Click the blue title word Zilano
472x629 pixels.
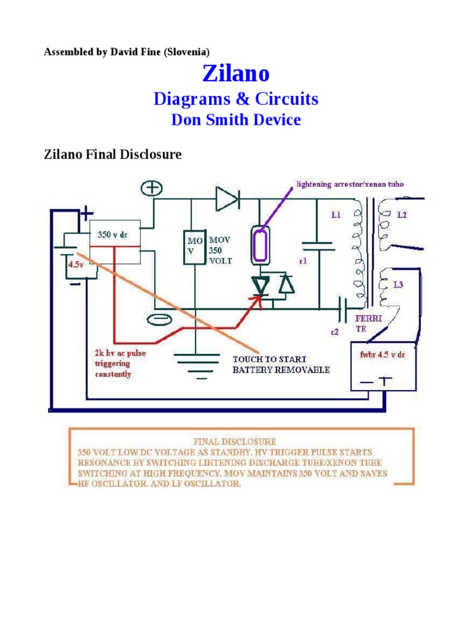pyautogui.click(x=236, y=74)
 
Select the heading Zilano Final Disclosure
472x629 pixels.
pyautogui.click(x=112, y=154)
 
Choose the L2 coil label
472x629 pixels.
pyautogui.click(x=403, y=215)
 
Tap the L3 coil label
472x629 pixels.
pyautogui.click(x=397, y=286)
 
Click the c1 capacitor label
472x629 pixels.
pyautogui.click(x=303, y=262)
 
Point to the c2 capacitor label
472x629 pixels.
pyautogui.click(x=334, y=332)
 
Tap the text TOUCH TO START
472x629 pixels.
pyautogui.click(x=269, y=359)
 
